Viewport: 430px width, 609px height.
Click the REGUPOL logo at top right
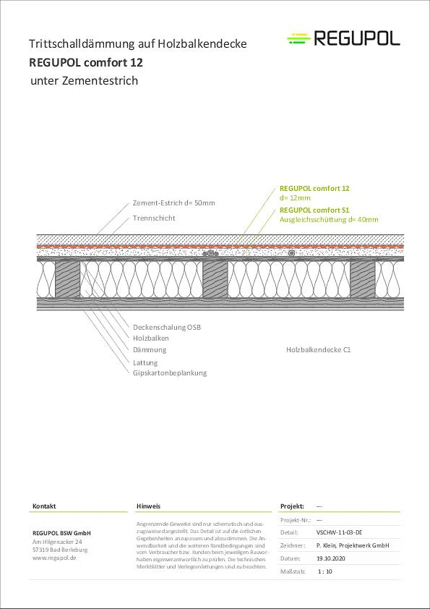[343, 39]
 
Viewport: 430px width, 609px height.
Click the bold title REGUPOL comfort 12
[86, 62]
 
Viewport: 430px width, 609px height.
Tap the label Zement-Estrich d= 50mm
[173, 203]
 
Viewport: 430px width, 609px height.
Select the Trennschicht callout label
[154, 218]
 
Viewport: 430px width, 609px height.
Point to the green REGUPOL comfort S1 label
[314, 210]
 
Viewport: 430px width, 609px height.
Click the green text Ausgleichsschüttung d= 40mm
[329, 220]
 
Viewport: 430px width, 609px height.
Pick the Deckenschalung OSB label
[167, 327]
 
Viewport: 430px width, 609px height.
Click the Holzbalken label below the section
[150, 338]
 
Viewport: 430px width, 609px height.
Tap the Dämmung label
[150, 349]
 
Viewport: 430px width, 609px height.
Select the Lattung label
[145, 363]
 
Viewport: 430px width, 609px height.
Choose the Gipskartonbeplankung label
[170, 373]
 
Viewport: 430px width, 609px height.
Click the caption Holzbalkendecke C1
[318, 349]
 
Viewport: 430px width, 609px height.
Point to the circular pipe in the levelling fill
[291, 253]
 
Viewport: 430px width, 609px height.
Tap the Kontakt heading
[44, 506]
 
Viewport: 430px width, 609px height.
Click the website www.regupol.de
[54, 558]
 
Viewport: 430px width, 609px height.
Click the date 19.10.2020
[331, 558]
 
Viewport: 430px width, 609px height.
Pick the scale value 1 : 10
[324, 571]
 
